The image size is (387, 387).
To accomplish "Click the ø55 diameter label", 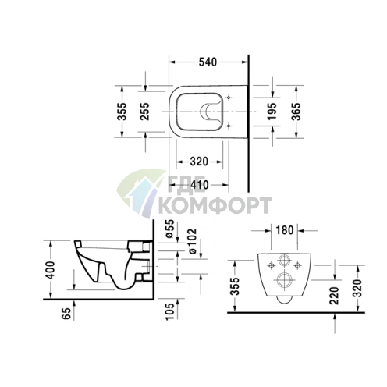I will coord(171,229).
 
